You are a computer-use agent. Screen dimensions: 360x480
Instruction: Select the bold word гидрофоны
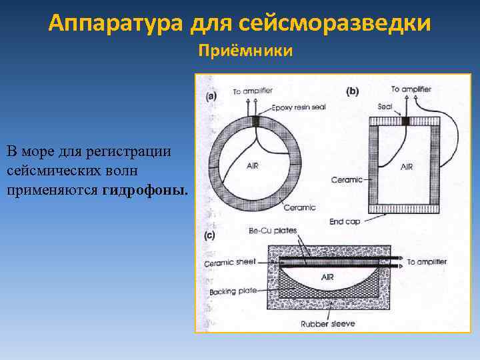click(145, 191)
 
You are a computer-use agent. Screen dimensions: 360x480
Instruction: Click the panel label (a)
click(211, 96)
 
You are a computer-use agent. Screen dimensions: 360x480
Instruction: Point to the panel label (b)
click(352, 92)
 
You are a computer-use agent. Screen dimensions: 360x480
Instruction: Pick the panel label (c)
click(210, 235)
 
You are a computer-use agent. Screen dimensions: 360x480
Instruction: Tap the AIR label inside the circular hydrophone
click(253, 165)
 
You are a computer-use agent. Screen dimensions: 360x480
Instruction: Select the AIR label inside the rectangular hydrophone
click(406, 167)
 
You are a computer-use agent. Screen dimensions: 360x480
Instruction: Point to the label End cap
click(345, 222)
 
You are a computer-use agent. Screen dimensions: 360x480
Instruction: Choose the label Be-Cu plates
click(273, 231)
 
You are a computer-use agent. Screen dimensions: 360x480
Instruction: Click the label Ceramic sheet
click(230, 263)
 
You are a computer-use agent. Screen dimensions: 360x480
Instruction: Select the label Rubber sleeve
click(327, 324)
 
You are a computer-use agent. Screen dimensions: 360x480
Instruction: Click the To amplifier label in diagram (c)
click(426, 262)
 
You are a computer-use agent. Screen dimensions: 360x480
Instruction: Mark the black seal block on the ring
click(255, 121)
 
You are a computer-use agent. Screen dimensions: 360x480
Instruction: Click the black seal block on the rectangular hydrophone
click(405, 121)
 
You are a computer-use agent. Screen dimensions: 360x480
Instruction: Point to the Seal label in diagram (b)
click(385, 106)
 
